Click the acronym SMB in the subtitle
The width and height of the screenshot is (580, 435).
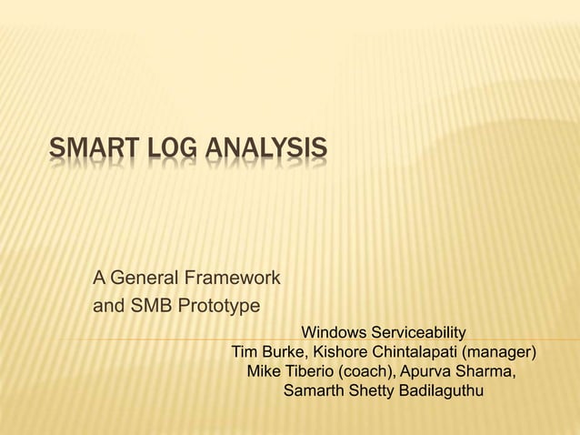pos(150,306)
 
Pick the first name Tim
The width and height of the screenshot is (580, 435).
pos(246,352)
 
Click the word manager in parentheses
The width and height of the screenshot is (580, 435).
pos(500,352)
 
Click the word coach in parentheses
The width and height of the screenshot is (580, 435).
pos(365,373)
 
